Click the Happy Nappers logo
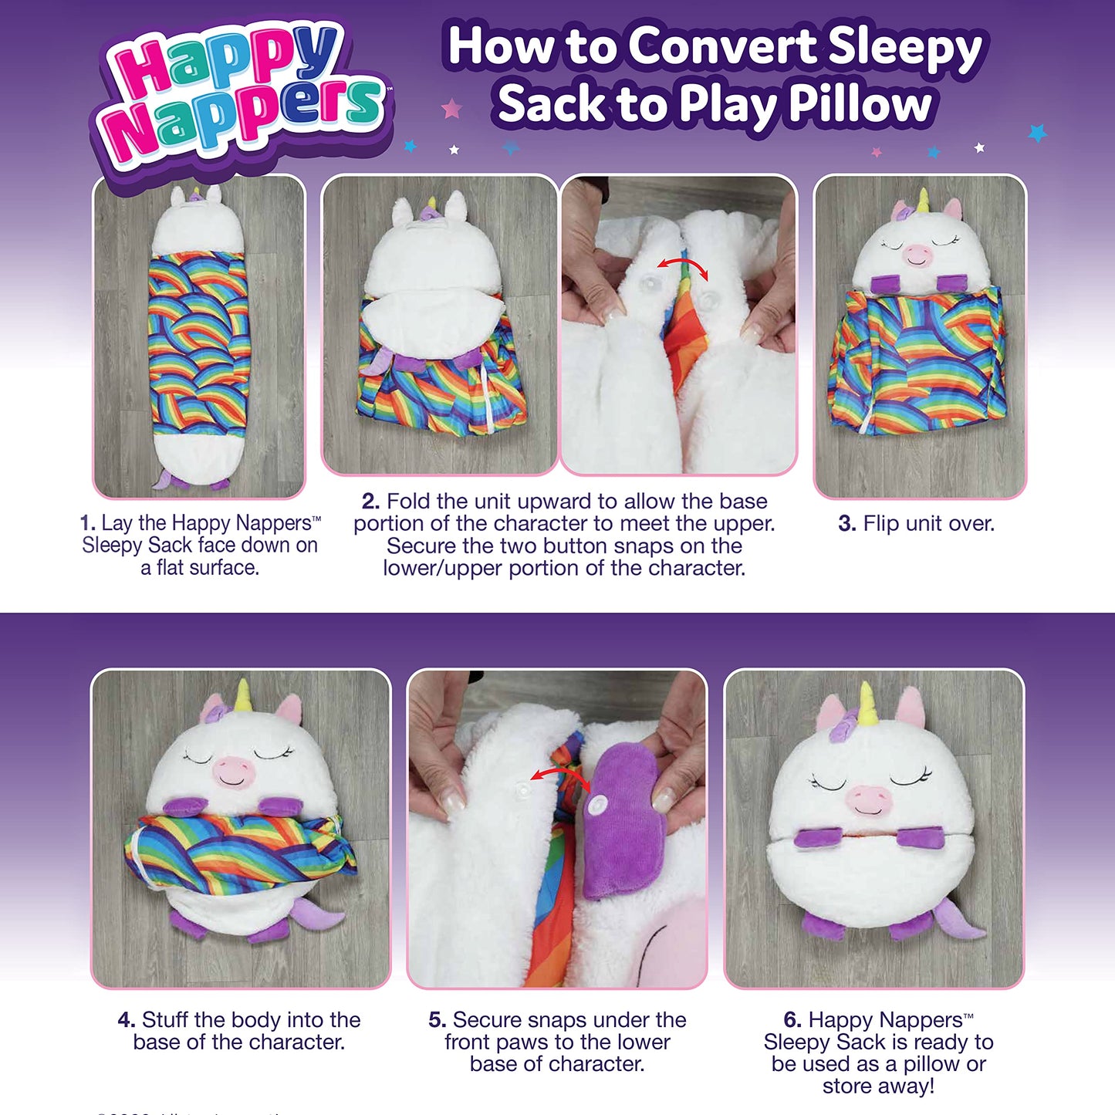coord(243,96)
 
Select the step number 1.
coord(87,523)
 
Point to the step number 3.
coord(846,524)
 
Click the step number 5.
coord(437,1020)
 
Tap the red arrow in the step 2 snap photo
coord(681,267)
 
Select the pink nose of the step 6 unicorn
coord(869,799)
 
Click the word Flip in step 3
coord(880,524)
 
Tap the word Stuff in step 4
coord(165,1020)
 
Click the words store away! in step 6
coord(878,1086)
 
